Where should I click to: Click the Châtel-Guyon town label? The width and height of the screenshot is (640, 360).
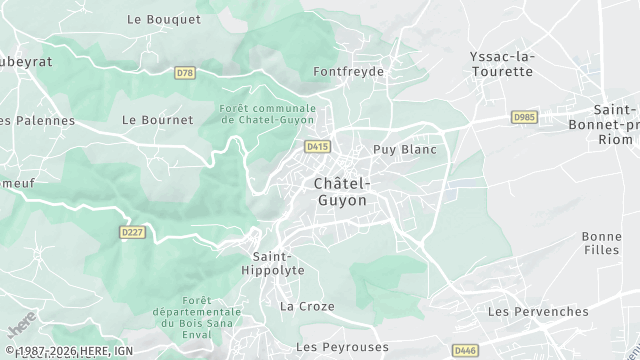click(x=341, y=192)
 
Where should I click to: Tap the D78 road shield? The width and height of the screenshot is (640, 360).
click(x=184, y=73)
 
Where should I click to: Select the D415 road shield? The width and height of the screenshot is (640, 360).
click(x=318, y=146)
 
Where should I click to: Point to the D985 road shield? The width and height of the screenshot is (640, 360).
click(x=524, y=116)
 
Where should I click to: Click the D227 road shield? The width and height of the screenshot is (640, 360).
click(x=132, y=232)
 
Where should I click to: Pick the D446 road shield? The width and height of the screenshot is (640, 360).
click(x=465, y=350)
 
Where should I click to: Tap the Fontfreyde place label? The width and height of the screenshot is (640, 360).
click(x=348, y=72)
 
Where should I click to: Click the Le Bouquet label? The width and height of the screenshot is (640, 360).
click(x=151, y=19)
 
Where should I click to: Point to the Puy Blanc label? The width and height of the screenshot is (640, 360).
click(x=405, y=149)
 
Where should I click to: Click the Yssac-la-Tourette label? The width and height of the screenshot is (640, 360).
click(x=502, y=64)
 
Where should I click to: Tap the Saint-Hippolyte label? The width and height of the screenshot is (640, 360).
click(x=272, y=263)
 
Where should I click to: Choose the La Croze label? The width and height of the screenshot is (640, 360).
click(x=307, y=306)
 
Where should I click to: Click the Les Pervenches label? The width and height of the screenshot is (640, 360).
click(x=537, y=312)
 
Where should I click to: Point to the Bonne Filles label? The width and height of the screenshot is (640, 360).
click(x=601, y=244)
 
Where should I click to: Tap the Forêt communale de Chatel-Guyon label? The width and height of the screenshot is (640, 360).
click(x=268, y=114)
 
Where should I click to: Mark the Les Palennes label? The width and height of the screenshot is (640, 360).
click(x=38, y=121)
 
